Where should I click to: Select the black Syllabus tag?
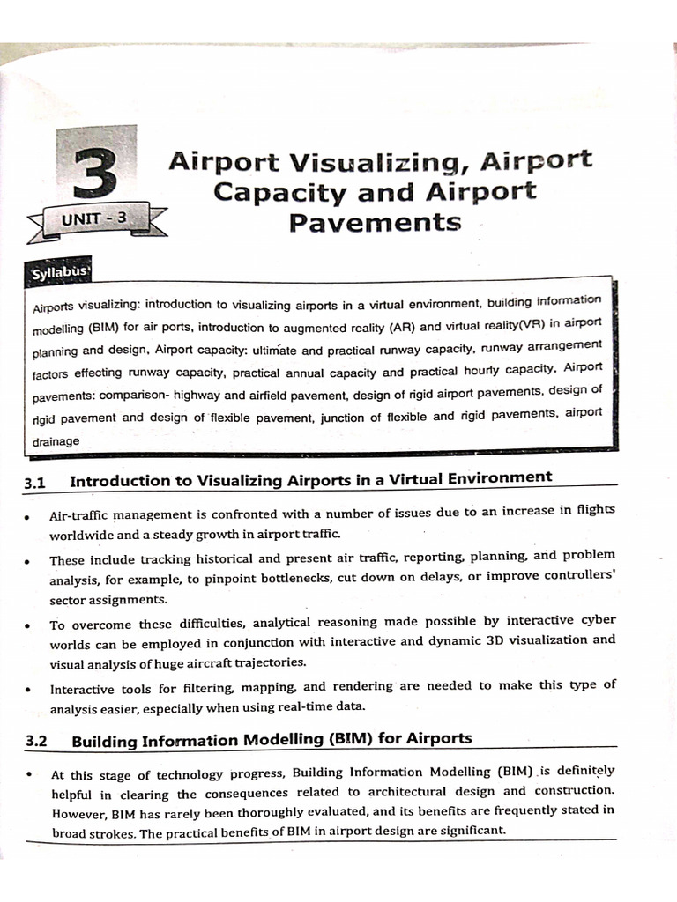point(60,272)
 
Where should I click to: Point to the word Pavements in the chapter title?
point(376,222)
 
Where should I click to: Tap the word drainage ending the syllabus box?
point(56,441)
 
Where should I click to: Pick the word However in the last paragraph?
point(78,812)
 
